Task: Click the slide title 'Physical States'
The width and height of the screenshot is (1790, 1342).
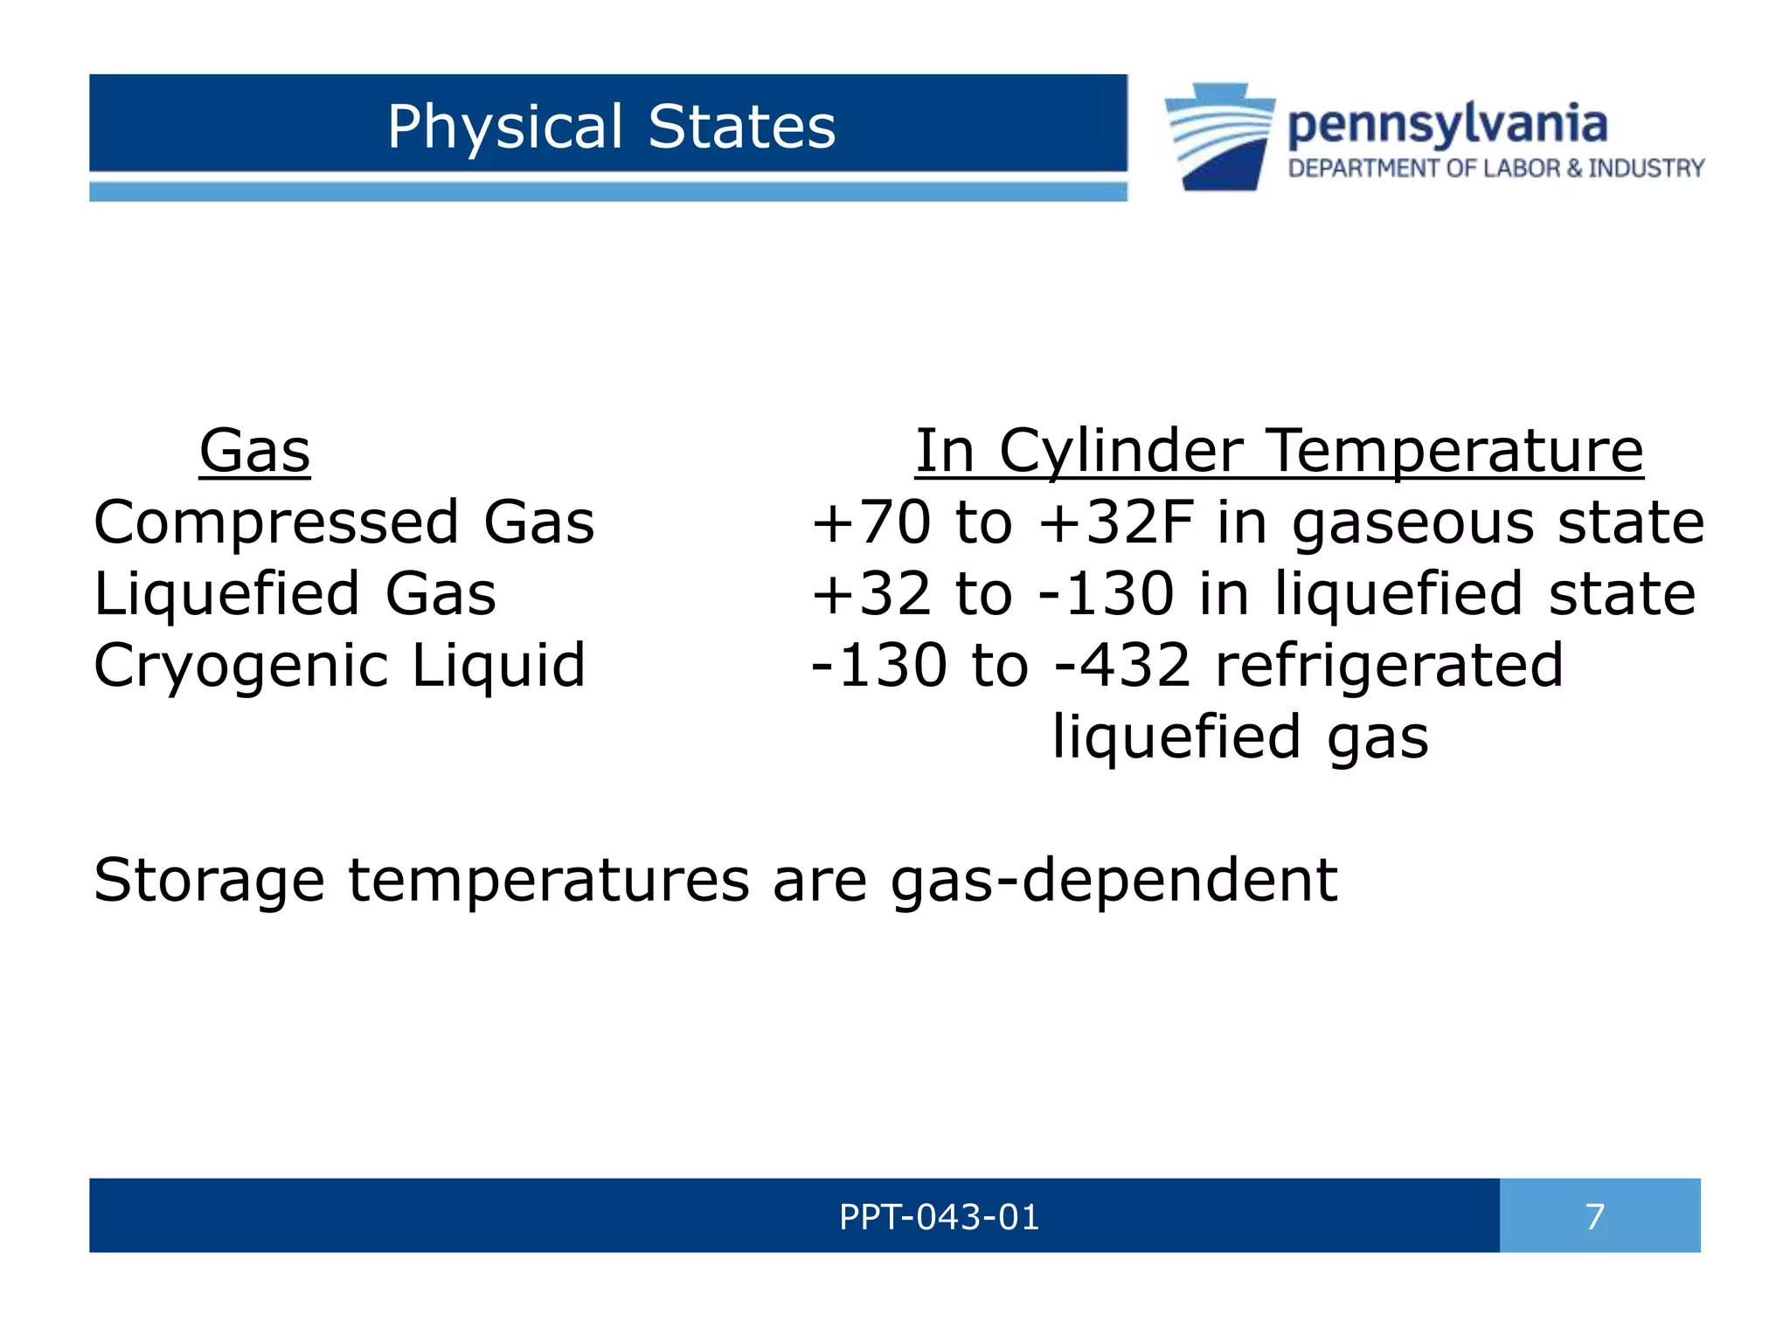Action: point(611,127)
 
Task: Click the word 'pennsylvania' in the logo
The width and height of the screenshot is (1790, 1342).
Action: point(1447,125)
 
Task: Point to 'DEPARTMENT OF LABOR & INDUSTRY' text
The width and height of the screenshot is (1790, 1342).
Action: point(1495,169)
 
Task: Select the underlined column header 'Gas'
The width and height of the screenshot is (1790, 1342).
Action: point(254,452)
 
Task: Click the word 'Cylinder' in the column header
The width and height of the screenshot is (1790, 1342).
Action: point(1120,452)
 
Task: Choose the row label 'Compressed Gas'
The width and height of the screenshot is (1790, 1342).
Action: point(343,522)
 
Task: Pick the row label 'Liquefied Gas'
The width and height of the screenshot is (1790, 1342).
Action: point(295,594)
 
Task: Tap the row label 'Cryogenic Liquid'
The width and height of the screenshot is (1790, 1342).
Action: point(339,666)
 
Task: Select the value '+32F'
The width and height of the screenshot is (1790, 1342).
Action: point(1116,522)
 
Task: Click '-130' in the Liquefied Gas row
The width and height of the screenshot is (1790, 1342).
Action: point(1107,594)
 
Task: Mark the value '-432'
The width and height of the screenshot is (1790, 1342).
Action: point(1123,666)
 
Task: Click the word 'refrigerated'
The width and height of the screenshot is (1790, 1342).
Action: point(1389,666)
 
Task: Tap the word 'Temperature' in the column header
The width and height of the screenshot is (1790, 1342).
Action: point(1455,452)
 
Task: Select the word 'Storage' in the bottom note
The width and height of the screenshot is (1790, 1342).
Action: point(209,881)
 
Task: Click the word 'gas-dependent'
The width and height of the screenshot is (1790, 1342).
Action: point(1114,881)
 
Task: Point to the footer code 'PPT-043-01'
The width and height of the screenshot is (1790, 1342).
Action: point(939,1217)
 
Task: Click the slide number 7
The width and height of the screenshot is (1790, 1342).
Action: point(1595,1217)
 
